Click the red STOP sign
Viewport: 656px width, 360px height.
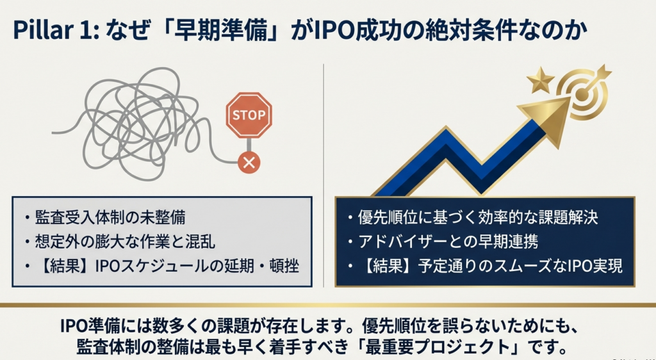pyautogui.click(x=249, y=115)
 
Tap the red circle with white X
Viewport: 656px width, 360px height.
pyautogui.click(x=249, y=162)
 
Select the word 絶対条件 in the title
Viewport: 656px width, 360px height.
pyautogui.click(x=465, y=31)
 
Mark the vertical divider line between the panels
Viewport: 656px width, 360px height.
pyautogui.click(x=324, y=176)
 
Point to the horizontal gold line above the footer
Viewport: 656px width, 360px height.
pyautogui.click(x=328, y=305)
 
